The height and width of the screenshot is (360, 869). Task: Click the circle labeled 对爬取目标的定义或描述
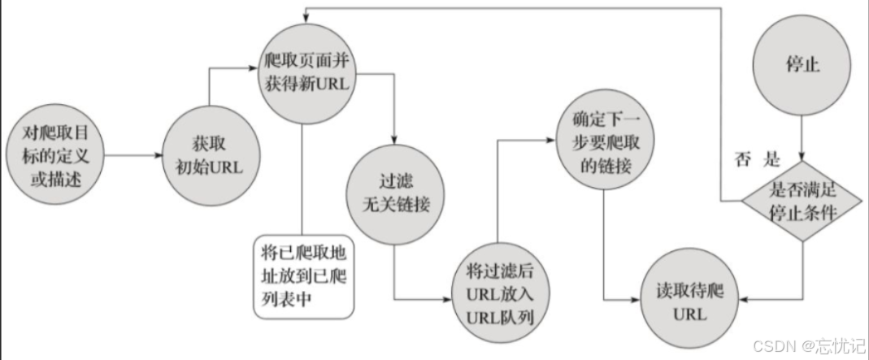click(55, 154)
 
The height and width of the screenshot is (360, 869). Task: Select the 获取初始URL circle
click(210, 154)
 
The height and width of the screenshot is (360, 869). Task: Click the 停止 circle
click(802, 65)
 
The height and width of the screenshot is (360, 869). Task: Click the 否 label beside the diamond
click(741, 158)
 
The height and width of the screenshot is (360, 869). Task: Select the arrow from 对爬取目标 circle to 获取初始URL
click(130, 154)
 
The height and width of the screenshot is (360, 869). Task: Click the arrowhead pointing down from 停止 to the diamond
click(803, 159)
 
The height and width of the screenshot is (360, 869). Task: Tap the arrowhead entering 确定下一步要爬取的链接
click(553, 139)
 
